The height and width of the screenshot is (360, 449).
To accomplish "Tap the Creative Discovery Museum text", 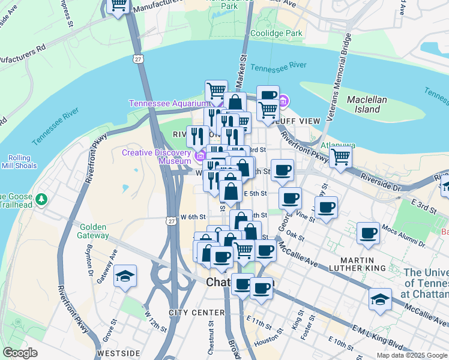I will coord(156,157).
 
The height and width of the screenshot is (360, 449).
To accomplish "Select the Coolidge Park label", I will coord(276,34).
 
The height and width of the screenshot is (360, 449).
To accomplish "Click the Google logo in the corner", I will coord(20,352).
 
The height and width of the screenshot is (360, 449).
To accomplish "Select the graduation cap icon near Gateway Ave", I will coord(125,276).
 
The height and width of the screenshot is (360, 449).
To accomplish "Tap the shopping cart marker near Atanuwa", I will coord(340,157).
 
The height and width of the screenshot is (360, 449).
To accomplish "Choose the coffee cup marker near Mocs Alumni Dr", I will coord(368,233).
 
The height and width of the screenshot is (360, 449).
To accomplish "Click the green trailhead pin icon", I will coord(41,198).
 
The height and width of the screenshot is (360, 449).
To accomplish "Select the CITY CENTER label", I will coord(196,313).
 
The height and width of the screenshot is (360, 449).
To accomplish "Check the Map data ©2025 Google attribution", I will coord(411,355).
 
